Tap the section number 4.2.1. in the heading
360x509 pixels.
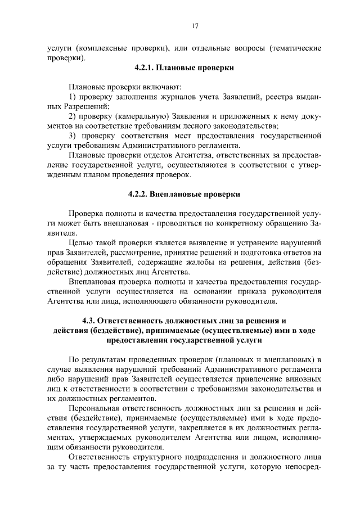pyautogui.click(x=146, y=67)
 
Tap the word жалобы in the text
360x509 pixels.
pyautogui.click(x=224, y=263)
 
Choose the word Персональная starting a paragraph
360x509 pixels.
pyautogui.click(x=94, y=408)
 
